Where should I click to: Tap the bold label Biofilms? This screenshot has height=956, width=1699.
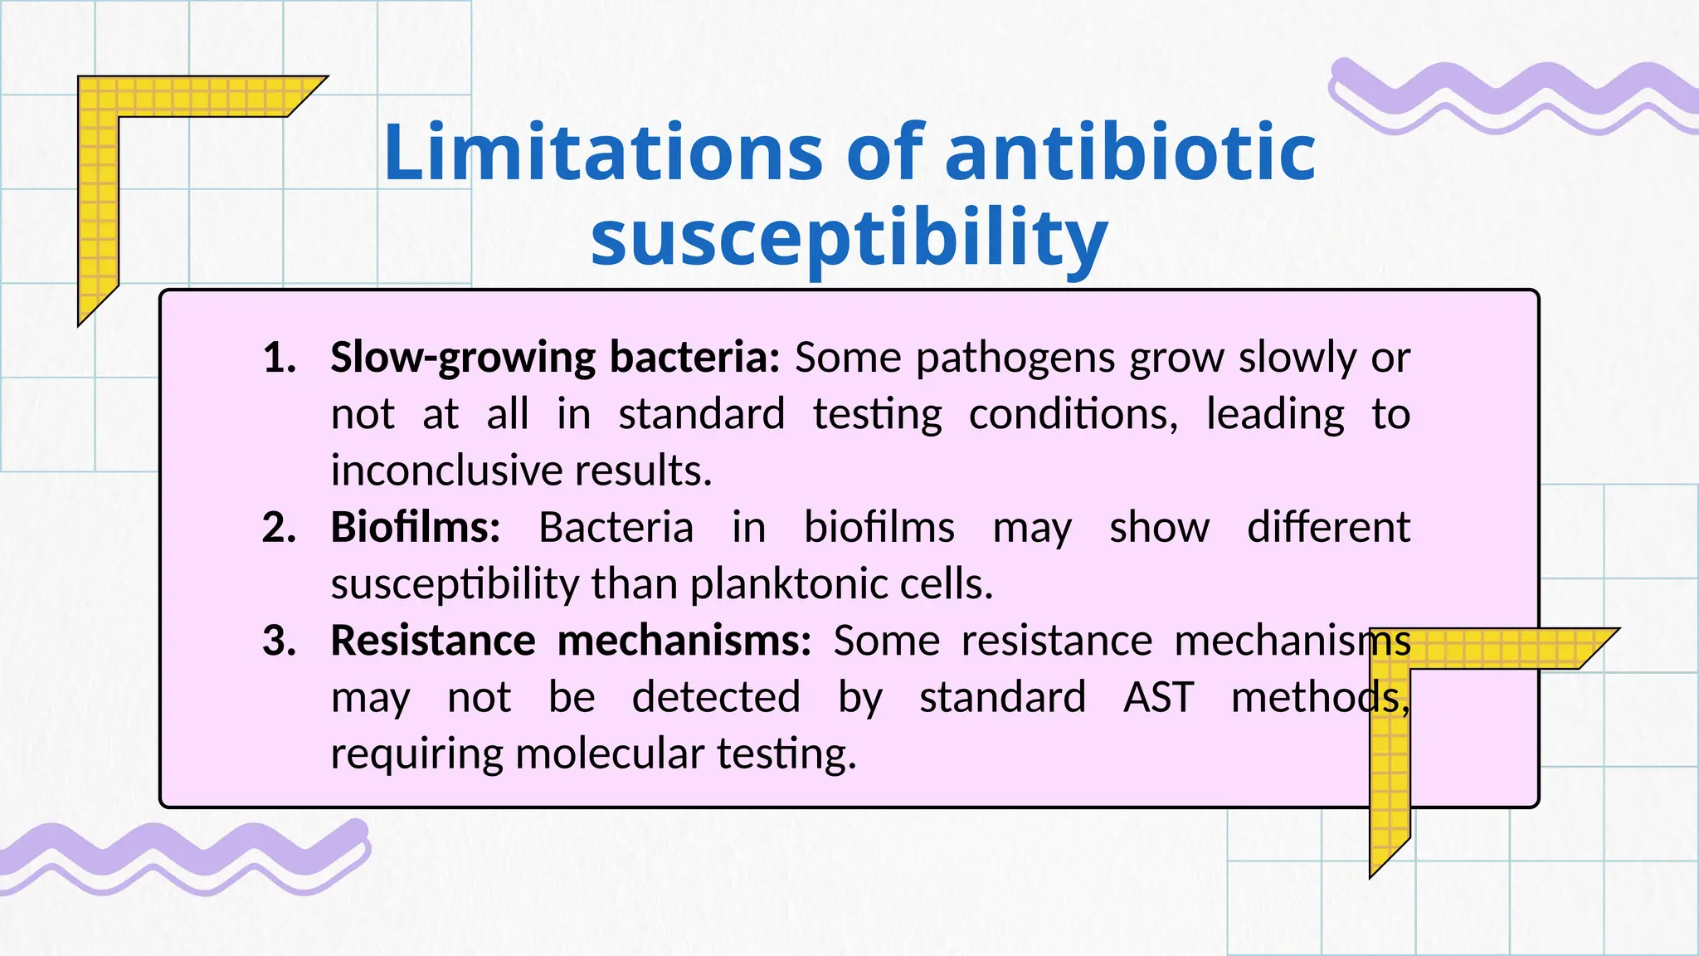(x=416, y=528)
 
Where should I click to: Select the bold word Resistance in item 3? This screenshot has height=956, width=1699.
(x=432, y=641)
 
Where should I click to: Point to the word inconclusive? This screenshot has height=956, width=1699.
(x=445, y=471)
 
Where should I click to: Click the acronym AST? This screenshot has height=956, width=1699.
(x=1158, y=697)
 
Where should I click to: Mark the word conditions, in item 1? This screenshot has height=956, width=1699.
(x=1073, y=414)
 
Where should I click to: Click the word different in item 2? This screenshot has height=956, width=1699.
(x=1328, y=528)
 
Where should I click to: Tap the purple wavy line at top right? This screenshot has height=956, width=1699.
(x=1510, y=95)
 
